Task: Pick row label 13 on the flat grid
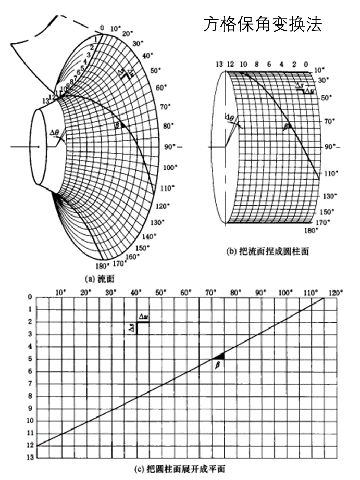click(30, 457)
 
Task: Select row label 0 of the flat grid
click(30, 297)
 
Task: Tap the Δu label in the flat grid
click(143, 316)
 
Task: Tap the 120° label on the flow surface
click(163, 207)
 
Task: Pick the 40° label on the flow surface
click(147, 55)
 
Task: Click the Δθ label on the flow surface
click(55, 133)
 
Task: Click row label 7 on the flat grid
click(30, 383)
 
